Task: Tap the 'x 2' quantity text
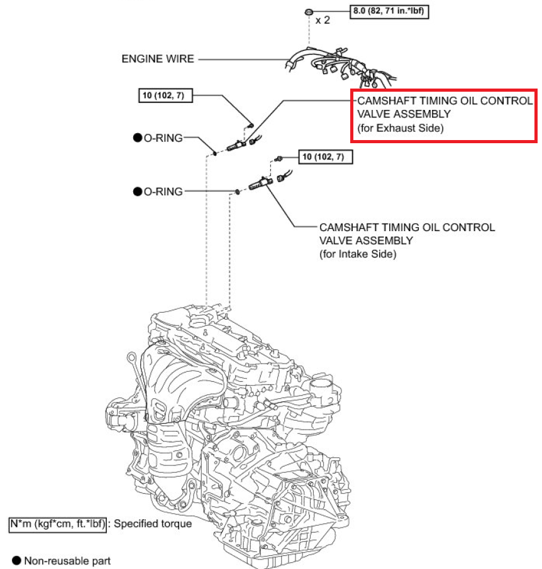tap(323, 20)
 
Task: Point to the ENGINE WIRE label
tap(158, 59)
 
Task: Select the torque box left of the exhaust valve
tap(165, 95)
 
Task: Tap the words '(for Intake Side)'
tap(358, 254)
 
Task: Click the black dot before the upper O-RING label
tap(137, 138)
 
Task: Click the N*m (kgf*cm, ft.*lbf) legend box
tap(58, 523)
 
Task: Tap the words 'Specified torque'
tap(153, 523)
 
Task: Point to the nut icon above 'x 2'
tap(309, 12)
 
